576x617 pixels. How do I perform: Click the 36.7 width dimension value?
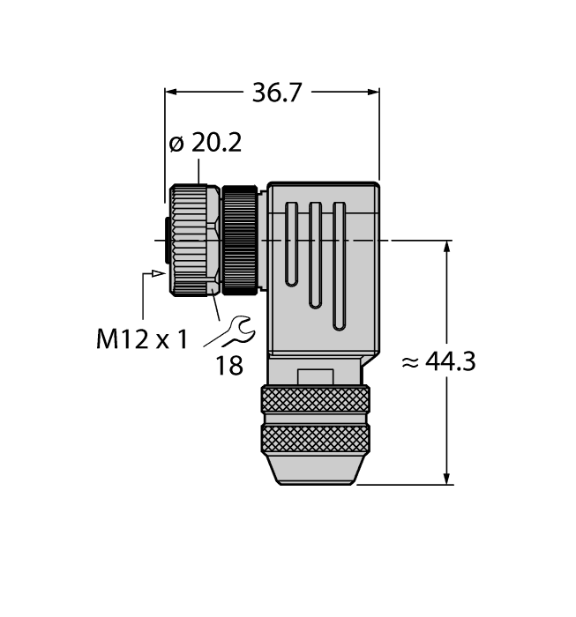[x=273, y=92]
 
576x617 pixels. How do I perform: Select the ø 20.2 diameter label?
[x=205, y=144]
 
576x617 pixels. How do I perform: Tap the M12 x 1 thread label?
[x=141, y=338]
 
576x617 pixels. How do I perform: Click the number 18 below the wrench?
[x=228, y=366]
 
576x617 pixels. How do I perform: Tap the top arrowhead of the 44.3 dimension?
[x=448, y=247]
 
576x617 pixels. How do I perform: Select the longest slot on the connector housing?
[x=338, y=265]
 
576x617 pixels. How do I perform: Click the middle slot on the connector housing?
[x=314, y=255]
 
